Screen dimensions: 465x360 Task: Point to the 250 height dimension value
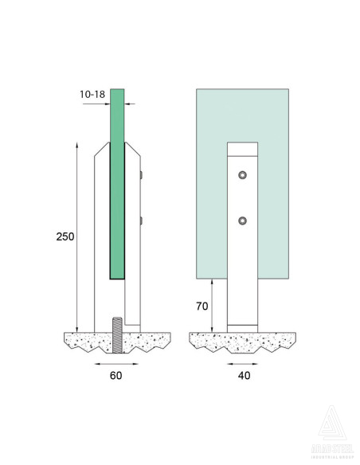(x=66, y=236)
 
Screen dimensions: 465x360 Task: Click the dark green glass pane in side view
(x=117, y=183)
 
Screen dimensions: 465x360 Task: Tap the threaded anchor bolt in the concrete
(x=116, y=336)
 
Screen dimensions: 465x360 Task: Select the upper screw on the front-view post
(x=242, y=175)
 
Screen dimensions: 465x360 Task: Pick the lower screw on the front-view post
(x=242, y=221)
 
